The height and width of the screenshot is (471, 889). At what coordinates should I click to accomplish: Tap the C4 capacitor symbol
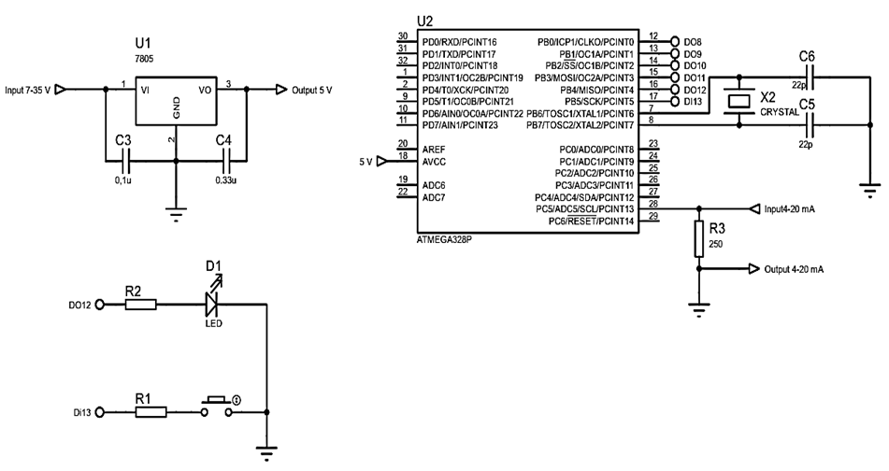tap(224, 160)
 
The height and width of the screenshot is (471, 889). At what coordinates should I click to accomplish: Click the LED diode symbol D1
tap(211, 303)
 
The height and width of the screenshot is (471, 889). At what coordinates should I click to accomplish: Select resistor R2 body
tap(141, 303)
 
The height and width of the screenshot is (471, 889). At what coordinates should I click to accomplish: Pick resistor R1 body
tap(151, 411)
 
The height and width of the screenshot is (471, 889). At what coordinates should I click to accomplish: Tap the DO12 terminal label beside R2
tap(82, 304)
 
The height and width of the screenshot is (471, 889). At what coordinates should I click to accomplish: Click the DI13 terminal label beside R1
tap(82, 412)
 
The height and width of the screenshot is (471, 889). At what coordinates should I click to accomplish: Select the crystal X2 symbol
tap(741, 102)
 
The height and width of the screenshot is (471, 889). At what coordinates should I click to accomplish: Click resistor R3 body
tap(699, 240)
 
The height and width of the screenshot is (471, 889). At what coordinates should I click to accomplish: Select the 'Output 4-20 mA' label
tap(795, 269)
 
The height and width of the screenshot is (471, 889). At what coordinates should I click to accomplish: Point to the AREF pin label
tap(435, 149)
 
